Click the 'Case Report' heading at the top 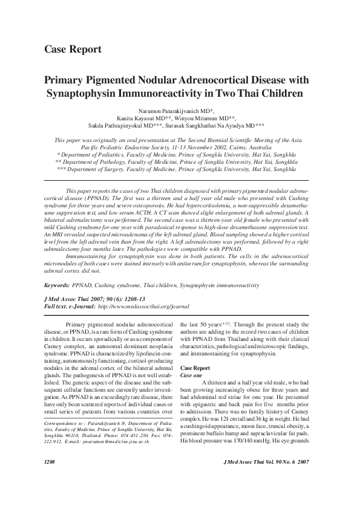pyautogui.click(x=73, y=49)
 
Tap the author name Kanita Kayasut pyautogui.click(x=140, y=118)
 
